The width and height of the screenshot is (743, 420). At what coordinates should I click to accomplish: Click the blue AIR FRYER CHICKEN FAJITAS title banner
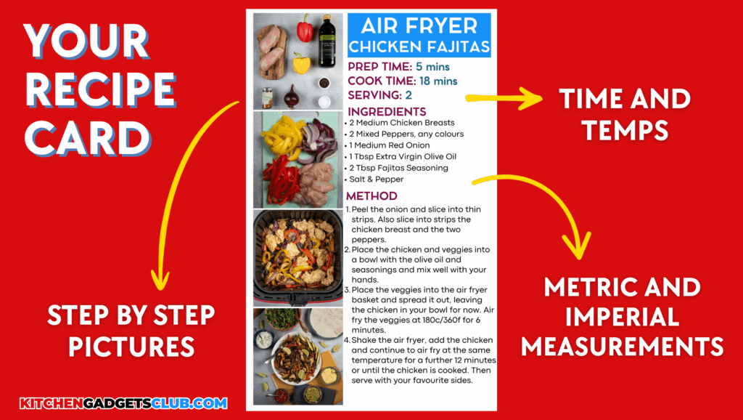[419, 35]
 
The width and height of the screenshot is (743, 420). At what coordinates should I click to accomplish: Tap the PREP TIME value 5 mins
[432, 66]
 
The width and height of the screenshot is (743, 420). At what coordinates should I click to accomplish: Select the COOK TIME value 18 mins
[438, 81]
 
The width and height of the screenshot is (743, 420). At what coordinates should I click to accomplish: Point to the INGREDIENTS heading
[387, 111]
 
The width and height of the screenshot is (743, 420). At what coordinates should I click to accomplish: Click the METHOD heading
[371, 196]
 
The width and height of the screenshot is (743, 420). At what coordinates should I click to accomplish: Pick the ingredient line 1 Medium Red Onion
[390, 145]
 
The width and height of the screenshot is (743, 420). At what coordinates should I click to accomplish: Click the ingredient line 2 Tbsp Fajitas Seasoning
[398, 168]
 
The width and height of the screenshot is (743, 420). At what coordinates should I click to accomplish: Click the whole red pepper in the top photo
[305, 28]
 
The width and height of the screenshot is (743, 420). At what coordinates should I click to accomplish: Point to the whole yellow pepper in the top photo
[301, 64]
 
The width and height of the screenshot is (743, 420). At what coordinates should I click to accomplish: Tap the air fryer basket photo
[298, 258]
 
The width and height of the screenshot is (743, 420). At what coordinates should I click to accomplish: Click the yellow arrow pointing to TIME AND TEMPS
[504, 98]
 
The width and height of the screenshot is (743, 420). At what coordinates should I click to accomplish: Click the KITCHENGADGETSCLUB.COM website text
[123, 404]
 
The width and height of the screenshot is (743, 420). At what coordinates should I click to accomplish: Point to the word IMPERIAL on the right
[622, 318]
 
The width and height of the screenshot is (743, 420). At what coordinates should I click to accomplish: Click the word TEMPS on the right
[625, 130]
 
